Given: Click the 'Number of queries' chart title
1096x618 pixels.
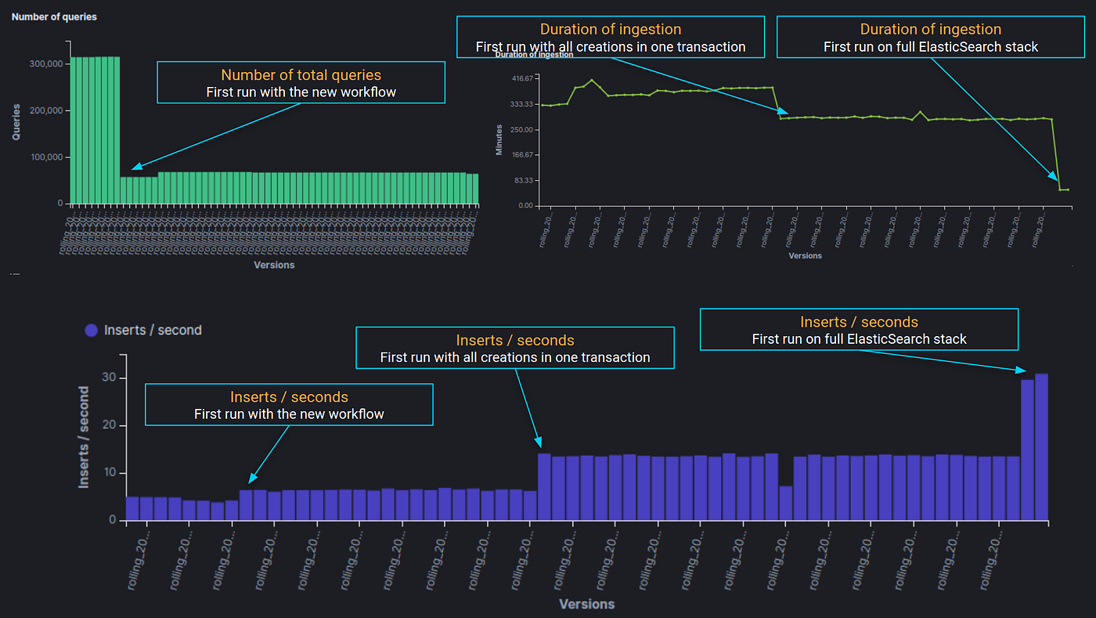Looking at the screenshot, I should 54,16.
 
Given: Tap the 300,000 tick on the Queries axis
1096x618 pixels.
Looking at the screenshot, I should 45,64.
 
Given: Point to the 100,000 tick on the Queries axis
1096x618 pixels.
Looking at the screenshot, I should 45,157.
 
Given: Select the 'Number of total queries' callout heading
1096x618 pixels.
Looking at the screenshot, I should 301,75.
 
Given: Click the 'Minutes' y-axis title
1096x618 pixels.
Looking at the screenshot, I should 499,139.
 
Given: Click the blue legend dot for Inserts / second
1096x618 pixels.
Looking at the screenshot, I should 92,331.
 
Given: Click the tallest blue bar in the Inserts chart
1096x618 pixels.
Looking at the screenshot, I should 1041,446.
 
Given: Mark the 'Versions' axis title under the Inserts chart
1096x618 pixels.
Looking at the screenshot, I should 586,604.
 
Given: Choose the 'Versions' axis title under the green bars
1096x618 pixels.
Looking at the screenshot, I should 274,265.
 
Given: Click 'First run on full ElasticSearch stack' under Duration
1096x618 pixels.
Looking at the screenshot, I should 930,47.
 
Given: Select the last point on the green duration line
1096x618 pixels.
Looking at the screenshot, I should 1068,189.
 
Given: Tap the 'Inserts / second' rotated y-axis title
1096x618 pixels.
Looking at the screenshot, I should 84,438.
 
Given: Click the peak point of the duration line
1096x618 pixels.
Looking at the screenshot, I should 592,80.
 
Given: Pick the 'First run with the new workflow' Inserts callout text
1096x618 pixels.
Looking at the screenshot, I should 289,414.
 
